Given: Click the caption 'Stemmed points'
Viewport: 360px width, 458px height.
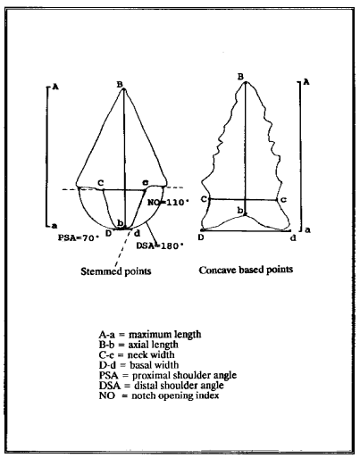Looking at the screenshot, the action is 116,271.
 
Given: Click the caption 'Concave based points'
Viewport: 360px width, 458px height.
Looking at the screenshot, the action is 246,270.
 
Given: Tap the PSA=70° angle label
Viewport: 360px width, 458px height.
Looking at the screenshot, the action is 79,237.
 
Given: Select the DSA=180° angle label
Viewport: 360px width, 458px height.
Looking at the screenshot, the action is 159,246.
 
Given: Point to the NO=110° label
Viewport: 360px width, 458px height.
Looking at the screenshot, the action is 168,203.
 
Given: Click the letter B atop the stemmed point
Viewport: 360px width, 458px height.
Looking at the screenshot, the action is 120,85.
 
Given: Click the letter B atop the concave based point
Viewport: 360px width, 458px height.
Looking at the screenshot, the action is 240,77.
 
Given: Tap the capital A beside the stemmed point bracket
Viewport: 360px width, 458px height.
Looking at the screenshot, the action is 55,87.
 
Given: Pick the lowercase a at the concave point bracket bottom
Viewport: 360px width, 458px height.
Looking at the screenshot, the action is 308,230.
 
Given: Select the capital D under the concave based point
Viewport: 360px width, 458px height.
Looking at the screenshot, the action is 201,237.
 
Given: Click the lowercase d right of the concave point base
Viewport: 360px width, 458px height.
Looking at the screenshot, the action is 293,237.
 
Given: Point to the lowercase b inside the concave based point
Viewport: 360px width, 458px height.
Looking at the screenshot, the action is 240,211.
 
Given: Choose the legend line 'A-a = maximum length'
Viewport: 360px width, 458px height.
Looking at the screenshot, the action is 150,335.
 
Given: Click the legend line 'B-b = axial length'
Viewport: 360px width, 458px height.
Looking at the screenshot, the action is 138,345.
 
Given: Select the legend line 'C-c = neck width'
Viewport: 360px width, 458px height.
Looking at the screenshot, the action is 137,354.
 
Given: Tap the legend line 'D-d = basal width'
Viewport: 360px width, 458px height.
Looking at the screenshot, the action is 139,365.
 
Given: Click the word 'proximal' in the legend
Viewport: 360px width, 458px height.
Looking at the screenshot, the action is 149,376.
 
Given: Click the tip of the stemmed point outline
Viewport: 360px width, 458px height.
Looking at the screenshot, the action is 124,88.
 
